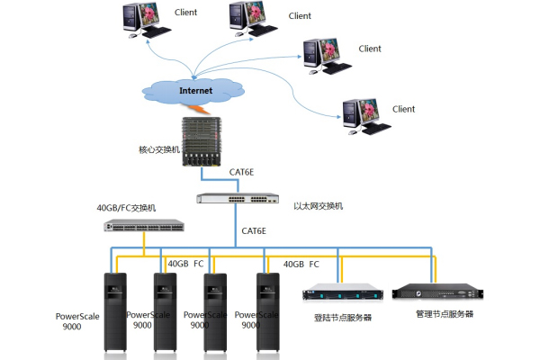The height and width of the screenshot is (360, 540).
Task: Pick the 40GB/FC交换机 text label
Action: (x=127, y=208)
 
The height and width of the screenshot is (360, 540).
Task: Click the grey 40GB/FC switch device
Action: (x=144, y=226)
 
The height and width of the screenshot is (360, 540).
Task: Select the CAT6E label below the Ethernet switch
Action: (x=255, y=231)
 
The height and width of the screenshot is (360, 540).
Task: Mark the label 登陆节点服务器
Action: (x=343, y=317)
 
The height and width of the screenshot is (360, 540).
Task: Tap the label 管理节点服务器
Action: (x=444, y=314)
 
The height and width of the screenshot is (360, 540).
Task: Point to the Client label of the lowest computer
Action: (x=404, y=110)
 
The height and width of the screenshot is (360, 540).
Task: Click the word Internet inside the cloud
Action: (x=196, y=91)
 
